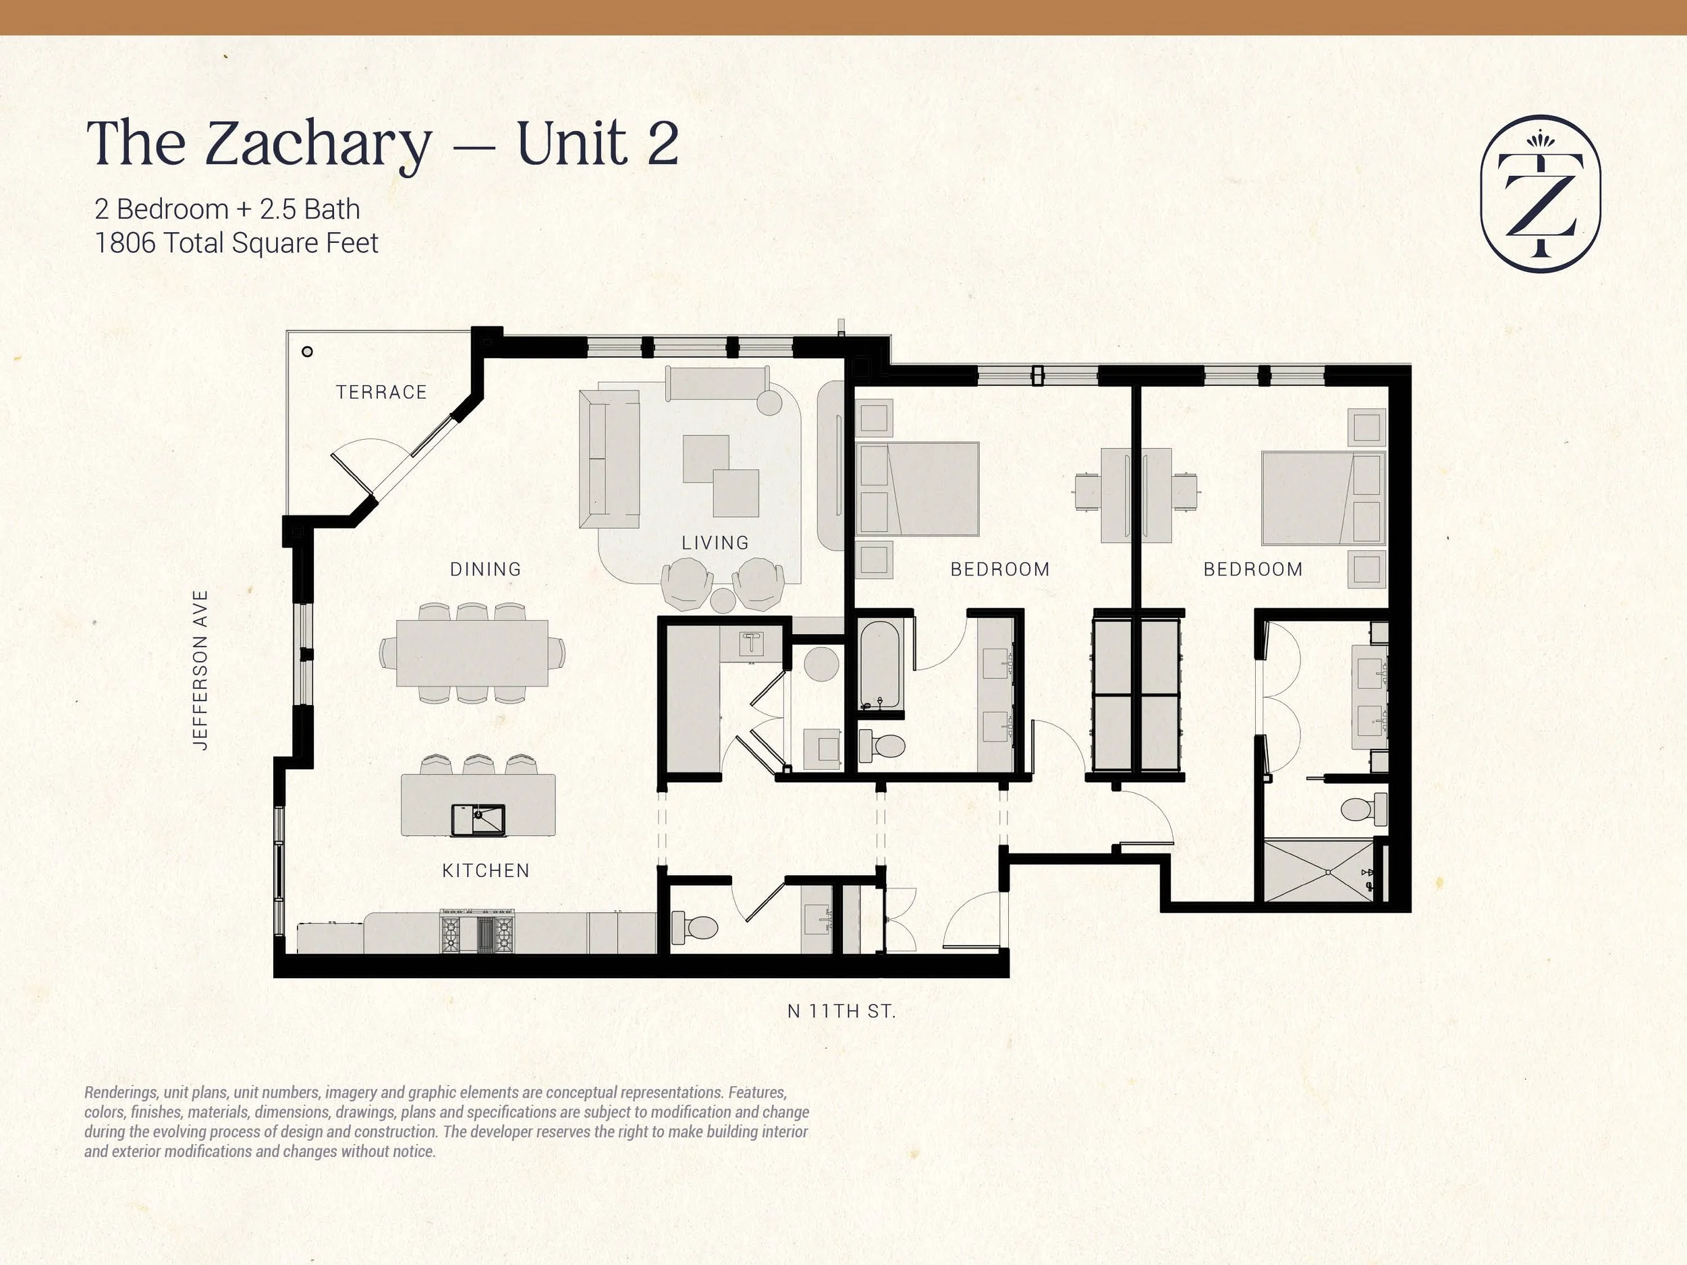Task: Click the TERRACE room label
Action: (381, 392)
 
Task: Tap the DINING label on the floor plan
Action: (485, 569)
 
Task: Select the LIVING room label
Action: (715, 543)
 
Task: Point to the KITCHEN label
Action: (485, 870)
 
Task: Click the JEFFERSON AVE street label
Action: (200, 669)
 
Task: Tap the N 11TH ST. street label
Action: (841, 1011)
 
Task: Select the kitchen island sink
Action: (478, 820)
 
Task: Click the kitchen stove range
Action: (478, 932)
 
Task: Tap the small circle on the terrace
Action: (307, 352)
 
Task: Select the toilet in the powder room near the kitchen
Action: (694, 927)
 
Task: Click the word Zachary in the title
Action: (318, 145)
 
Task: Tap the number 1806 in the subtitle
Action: (124, 244)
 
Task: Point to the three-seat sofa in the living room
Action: (609, 458)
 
